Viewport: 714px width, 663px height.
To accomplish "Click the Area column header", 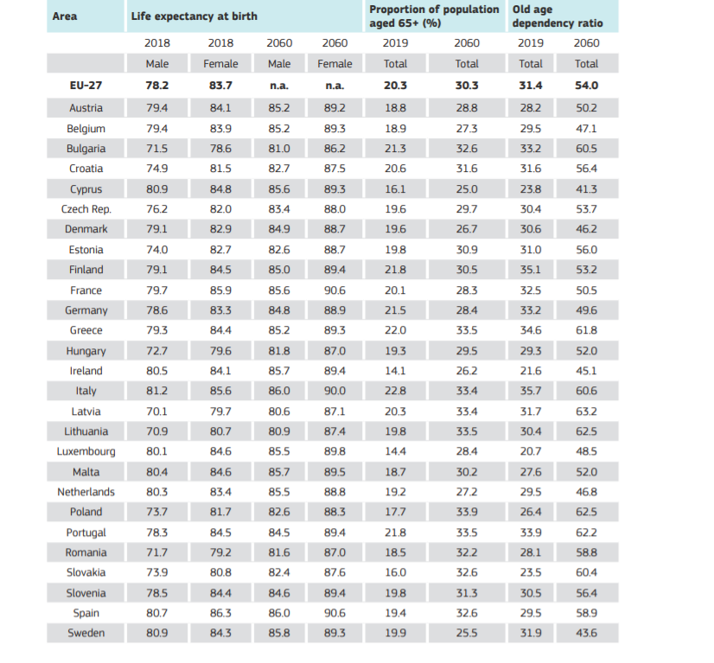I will tap(65, 16).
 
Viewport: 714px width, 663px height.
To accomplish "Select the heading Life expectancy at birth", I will tap(194, 16).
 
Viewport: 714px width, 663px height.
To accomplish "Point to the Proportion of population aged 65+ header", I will tap(434, 16).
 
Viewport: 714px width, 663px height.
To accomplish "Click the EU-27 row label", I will tap(86, 86).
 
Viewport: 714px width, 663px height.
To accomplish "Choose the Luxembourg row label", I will tap(86, 451).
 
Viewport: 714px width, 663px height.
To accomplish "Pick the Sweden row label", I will tap(86, 634).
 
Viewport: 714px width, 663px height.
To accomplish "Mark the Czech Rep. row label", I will tap(86, 209).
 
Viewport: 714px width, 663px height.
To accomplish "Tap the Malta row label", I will tap(86, 472).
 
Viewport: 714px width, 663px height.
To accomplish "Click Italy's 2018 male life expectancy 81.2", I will tap(156, 391).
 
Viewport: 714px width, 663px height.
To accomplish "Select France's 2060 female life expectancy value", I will tap(335, 290).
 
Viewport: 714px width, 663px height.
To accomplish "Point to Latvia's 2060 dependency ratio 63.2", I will tap(586, 411).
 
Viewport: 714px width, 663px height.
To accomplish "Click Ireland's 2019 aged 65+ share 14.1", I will tap(395, 371).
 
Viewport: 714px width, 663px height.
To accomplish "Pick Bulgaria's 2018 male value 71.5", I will tap(156, 149).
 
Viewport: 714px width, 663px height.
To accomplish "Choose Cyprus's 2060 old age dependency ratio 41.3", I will tap(586, 189).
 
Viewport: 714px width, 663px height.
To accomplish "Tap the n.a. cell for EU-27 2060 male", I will tap(279, 86).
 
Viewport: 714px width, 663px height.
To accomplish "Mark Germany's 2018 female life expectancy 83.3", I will tap(220, 310).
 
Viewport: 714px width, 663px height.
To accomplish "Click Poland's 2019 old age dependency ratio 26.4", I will tap(530, 512).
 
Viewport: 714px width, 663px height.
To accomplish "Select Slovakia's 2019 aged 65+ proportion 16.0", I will tap(395, 572).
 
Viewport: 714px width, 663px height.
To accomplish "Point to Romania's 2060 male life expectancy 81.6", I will tap(279, 552).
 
